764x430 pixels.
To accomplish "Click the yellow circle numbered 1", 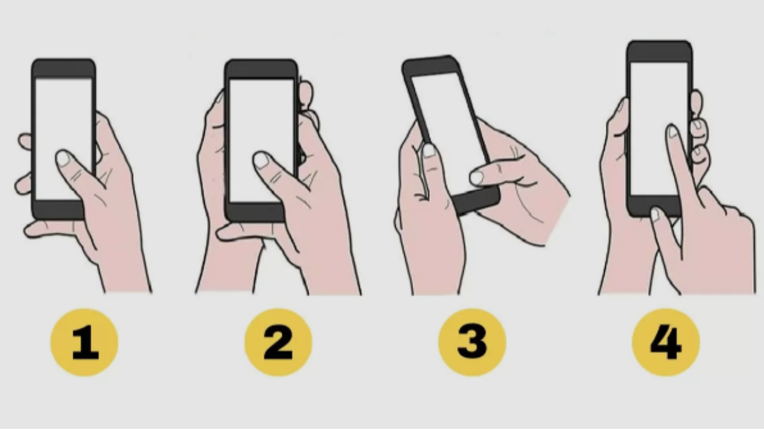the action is click(x=84, y=342).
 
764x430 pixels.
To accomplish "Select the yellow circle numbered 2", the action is click(x=278, y=342).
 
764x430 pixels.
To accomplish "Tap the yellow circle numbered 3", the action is click(x=472, y=342).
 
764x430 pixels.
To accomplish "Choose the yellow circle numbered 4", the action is click(x=666, y=342).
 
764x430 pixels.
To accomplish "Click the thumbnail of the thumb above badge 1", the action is click(x=63, y=158).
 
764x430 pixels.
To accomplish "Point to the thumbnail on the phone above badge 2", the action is click(x=261, y=160).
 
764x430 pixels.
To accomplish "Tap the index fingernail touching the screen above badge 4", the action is click(x=673, y=131).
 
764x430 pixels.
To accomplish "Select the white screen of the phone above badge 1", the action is click(x=63, y=138).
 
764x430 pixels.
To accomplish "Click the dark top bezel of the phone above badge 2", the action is click(x=261, y=69).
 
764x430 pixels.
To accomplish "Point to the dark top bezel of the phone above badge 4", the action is click(x=660, y=52).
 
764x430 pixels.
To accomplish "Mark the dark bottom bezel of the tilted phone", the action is click(x=476, y=201).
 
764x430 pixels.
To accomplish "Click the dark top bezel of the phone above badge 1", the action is click(x=63, y=69).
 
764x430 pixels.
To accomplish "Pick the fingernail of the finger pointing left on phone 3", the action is click(x=477, y=177).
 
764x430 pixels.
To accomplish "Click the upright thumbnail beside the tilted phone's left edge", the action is click(x=429, y=150).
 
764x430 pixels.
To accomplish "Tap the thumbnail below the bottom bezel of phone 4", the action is click(x=655, y=214).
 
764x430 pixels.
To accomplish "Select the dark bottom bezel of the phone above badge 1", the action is click(x=58, y=210).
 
